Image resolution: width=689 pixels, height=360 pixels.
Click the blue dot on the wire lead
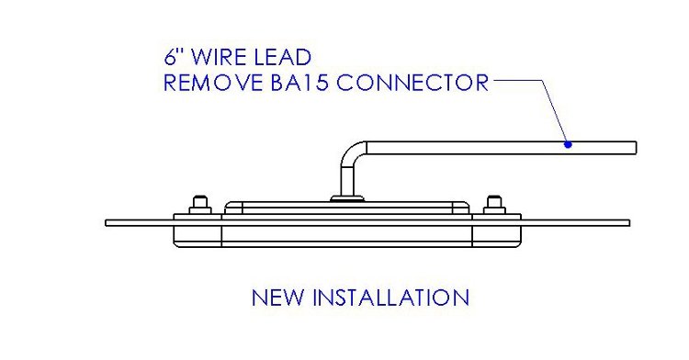pos(568,144)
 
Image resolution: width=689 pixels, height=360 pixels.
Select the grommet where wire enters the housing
pos(346,195)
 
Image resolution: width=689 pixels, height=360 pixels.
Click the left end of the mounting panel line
pos(107,222)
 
